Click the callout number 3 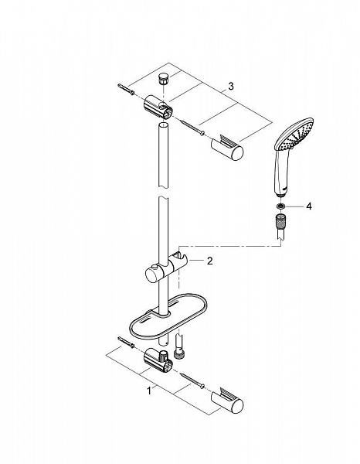[230, 84]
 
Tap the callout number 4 [308, 206]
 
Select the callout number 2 [208, 261]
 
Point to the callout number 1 [149, 391]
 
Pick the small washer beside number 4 [279, 206]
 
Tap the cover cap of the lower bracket [232, 402]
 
